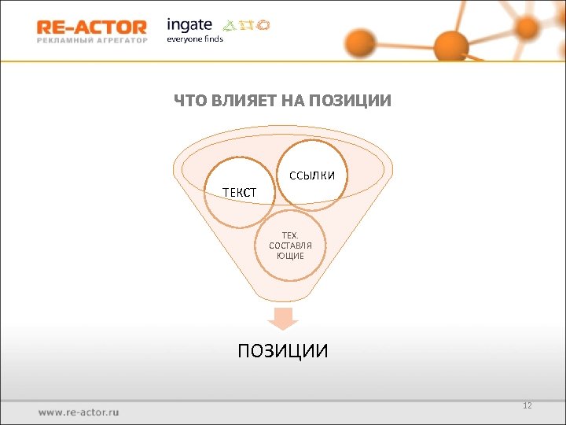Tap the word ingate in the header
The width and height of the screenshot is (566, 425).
coord(189,24)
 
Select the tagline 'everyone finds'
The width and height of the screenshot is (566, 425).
coord(194,39)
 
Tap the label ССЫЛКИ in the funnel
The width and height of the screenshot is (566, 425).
coord(312,175)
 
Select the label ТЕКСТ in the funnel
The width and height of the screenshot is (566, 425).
coord(238,192)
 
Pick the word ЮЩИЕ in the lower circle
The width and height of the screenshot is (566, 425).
coord(290,257)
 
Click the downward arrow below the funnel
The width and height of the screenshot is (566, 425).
coord(283,318)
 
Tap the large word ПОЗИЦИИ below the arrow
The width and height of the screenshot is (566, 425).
coord(283,350)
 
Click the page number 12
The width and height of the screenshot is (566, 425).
coord(527,405)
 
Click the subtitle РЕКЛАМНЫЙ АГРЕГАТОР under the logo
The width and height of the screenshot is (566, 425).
coord(91,42)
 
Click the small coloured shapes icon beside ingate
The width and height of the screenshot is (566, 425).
coord(243,25)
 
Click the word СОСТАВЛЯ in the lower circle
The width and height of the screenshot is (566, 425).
coord(290,246)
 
